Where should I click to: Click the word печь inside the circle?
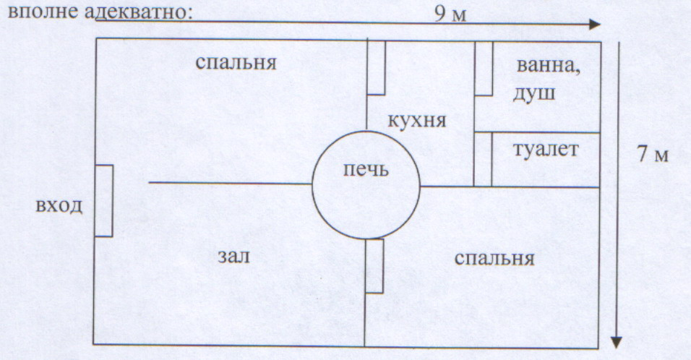pyautogui.click(x=366, y=169)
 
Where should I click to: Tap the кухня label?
pyautogui.click(x=417, y=120)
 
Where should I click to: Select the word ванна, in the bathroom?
pyautogui.click(x=548, y=66)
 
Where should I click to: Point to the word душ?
pyautogui.click(x=534, y=94)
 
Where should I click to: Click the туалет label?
pyautogui.click(x=546, y=150)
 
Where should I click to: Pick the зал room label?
pyautogui.click(x=233, y=256)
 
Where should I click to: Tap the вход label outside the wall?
pyautogui.click(x=59, y=206)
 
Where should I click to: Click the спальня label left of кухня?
pyautogui.click(x=236, y=63)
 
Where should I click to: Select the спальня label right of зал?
pyautogui.click(x=494, y=258)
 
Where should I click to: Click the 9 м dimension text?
pyautogui.click(x=450, y=14)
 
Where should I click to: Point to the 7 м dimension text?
pyautogui.click(x=653, y=154)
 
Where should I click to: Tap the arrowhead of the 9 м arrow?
pyautogui.click(x=595, y=25)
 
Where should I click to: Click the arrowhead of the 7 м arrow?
pyautogui.click(x=617, y=343)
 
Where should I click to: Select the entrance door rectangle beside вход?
pyautogui.click(x=103, y=200)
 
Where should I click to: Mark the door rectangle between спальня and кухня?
pyautogui.click(x=376, y=67)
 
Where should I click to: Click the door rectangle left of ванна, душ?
pyautogui.click(x=484, y=68)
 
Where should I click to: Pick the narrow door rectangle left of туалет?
pyautogui.click(x=483, y=160)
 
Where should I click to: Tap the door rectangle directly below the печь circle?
pyautogui.click(x=374, y=266)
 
